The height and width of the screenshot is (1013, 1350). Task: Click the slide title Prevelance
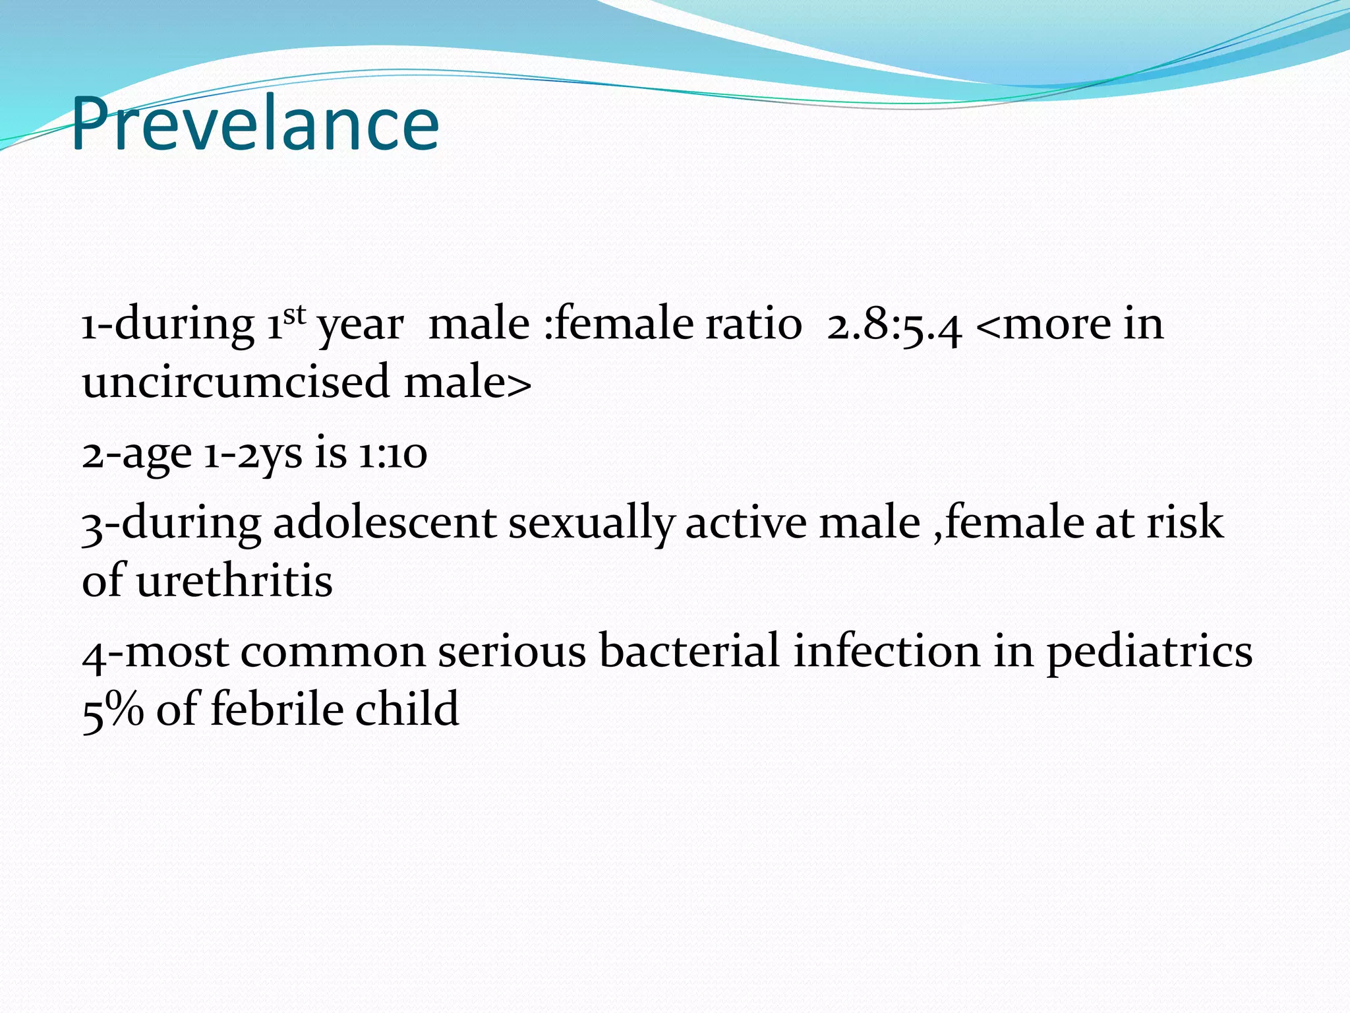(x=255, y=124)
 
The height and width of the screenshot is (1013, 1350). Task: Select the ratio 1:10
(x=393, y=454)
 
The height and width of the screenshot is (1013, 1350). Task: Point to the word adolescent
(x=384, y=523)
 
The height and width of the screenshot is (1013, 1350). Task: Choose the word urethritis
(x=234, y=581)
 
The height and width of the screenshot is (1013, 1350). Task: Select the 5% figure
(x=113, y=710)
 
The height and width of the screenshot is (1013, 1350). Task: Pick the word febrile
(x=278, y=710)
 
